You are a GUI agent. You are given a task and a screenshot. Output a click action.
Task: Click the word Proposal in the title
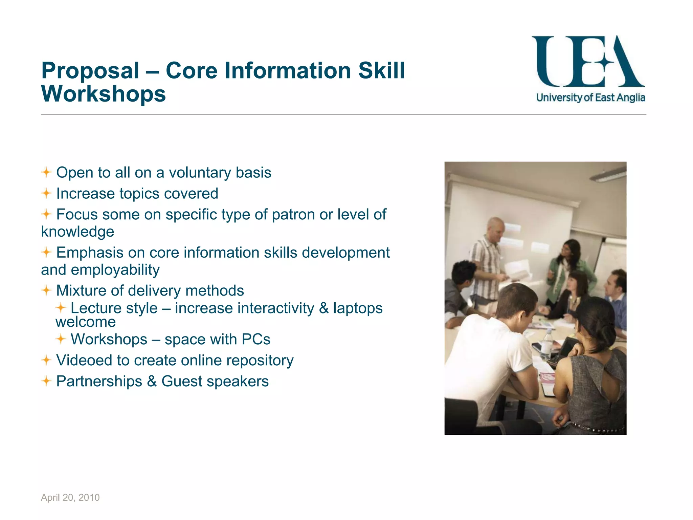pyautogui.click(x=90, y=71)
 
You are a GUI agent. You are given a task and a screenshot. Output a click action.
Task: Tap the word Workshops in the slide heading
pyautogui.click(x=103, y=94)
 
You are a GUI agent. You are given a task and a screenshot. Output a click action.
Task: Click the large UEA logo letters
pyautogui.click(x=588, y=62)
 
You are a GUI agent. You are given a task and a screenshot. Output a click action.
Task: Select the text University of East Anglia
pyautogui.click(x=590, y=98)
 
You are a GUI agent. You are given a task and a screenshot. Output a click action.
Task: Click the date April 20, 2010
pyautogui.click(x=70, y=497)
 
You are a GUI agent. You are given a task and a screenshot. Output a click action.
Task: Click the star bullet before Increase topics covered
pyautogui.click(x=46, y=193)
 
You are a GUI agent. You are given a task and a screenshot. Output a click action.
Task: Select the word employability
pyautogui.click(x=115, y=270)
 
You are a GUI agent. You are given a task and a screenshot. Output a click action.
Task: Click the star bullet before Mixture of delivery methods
pyautogui.click(x=46, y=290)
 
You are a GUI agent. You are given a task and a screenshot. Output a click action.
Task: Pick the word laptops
pyautogui.click(x=358, y=308)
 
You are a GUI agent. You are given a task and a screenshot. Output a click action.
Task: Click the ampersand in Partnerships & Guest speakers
pyautogui.click(x=152, y=382)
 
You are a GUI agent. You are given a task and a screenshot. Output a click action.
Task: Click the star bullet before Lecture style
pyautogui.click(x=61, y=308)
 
